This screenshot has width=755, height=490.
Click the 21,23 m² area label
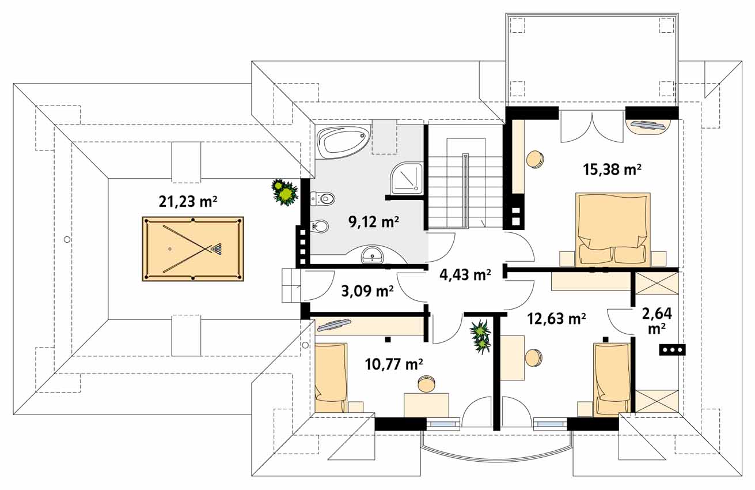[188, 202]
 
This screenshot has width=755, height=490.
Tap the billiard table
[193, 249]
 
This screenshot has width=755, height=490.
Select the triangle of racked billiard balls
[217, 248]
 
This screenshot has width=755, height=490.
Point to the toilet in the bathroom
[323, 198]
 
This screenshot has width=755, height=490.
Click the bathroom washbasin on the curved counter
[372, 255]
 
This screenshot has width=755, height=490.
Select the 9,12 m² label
[374, 223]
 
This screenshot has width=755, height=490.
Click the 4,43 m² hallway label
[465, 275]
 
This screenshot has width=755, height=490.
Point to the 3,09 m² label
[367, 291]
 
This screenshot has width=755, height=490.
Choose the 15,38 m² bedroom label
[612, 169]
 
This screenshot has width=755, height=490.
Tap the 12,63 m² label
[556, 318]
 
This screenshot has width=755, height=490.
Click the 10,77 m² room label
[394, 364]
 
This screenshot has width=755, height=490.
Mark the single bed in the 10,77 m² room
[331, 378]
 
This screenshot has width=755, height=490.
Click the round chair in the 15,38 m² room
[535, 159]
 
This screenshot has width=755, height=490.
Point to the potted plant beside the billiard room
[285, 193]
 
